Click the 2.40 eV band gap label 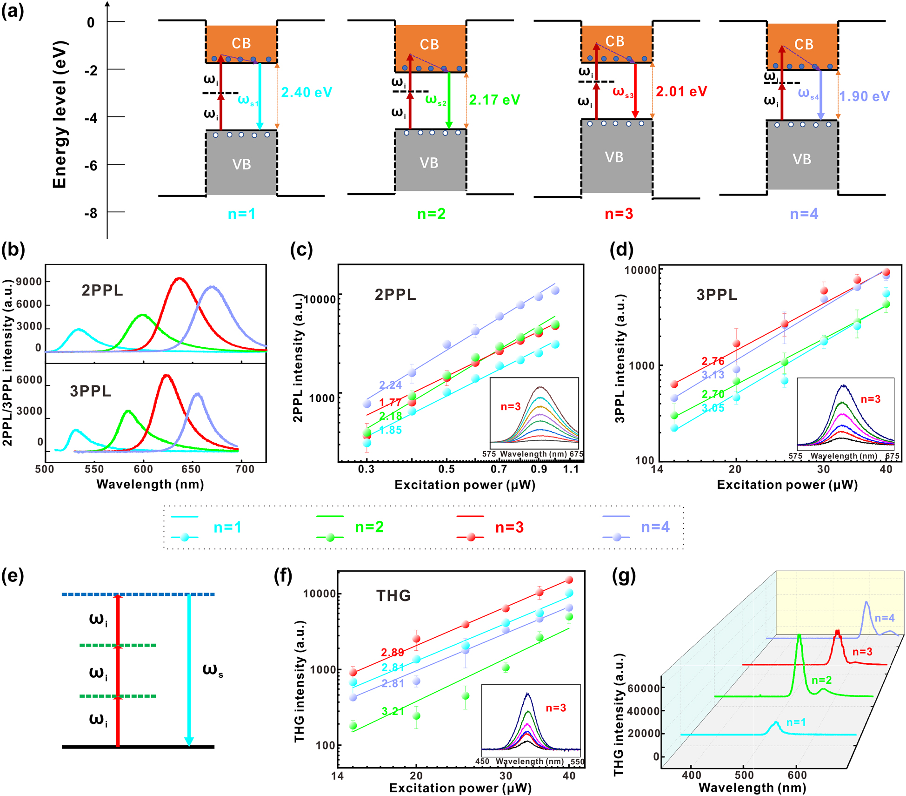coord(306,92)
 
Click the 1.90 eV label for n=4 coord(864,96)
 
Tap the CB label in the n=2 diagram coord(429,45)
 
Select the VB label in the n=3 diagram coord(614,157)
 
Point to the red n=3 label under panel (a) coord(619,214)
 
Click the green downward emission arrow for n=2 coord(448,100)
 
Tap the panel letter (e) coord(13,576)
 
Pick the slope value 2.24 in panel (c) coord(390,385)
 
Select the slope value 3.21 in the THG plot coord(393,711)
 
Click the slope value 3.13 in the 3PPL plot coord(713,375)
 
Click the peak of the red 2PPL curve coord(179,279)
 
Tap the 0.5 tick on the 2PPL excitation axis coord(446,469)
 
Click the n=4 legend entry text coord(655,527)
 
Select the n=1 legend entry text coord(227,527)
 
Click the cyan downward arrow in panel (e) coord(189,670)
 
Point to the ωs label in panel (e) coord(213,670)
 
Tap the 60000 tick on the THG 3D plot coord(644,688)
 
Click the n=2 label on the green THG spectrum coord(821,680)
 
